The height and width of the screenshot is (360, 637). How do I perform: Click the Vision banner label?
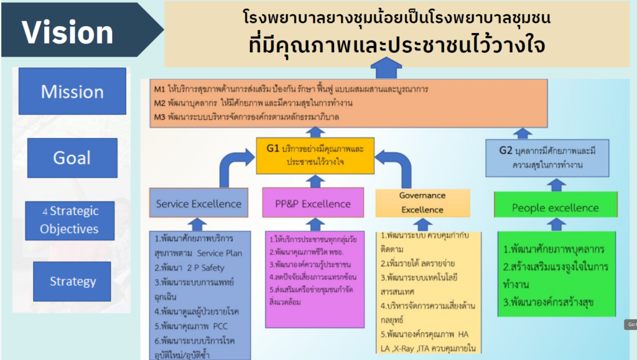[x=67, y=32]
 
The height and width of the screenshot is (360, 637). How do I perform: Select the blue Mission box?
[x=72, y=91]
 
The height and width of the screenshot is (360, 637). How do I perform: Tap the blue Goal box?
[x=72, y=158]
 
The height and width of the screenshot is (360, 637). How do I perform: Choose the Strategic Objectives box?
[x=70, y=220]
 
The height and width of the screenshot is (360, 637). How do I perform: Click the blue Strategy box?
[x=72, y=282]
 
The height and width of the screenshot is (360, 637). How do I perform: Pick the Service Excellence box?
[x=198, y=203]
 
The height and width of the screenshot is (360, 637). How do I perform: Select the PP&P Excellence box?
[x=313, y=203]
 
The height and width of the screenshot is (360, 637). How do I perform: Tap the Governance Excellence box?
[x=422, y=202]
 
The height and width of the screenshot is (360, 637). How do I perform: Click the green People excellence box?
[x=555, y=208]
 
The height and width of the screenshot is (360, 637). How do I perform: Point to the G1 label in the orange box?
[x=272, y=149]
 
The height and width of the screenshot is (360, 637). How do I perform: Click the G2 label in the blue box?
[x=506, y=150]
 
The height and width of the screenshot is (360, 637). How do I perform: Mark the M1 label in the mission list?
[x=160, y=89]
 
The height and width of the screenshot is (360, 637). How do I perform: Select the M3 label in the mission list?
[x=160, y=117]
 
